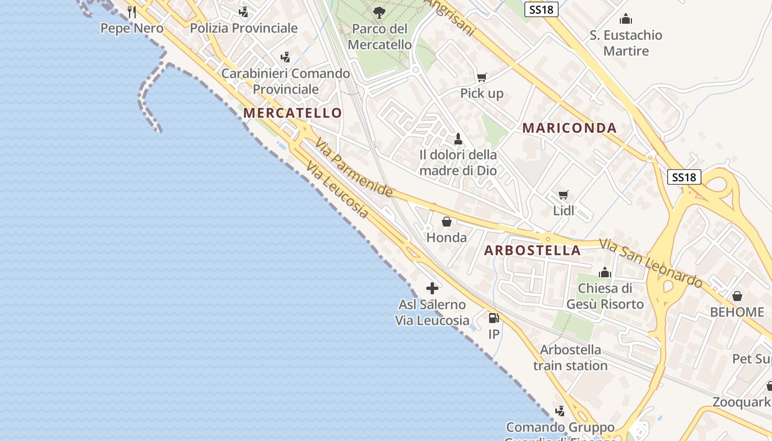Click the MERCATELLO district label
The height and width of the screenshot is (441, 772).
(x=292, y=113)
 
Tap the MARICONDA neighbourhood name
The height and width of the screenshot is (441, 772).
(x=569, y=128)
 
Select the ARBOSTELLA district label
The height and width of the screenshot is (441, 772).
(x=532, y=250)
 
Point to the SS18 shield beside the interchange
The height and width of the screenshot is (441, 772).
(x=684, y=177)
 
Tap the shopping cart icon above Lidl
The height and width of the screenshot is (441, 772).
(x=563, y=195)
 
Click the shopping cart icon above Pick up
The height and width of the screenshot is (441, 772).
(x=481, y=77)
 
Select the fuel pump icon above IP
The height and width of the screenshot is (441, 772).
(x=494, y=318)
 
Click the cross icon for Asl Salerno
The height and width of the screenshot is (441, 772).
(x=432, y=288)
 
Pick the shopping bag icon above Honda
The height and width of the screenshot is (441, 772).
(x=447, y=222)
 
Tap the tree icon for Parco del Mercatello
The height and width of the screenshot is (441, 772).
(x=379, y=12)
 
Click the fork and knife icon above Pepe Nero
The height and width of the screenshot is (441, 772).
(x=132, y=12)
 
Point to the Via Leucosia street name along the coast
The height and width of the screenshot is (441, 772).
(x=337, y=190)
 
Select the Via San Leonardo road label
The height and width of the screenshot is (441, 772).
(x=651, y=263)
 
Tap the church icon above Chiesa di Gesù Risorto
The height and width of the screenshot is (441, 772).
(x=605, y=272)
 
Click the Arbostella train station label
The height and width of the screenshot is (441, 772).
(x=570, y=358)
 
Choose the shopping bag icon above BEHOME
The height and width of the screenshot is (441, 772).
(x=737, y=296)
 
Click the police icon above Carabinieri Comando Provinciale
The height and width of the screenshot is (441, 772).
(x=285, y=57)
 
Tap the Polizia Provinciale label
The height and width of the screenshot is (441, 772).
(x=244, y=28)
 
